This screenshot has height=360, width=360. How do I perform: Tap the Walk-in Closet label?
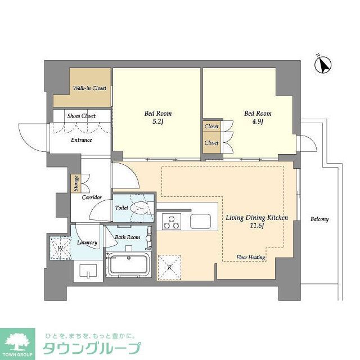pos(90,88)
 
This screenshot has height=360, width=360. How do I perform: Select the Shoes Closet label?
pos(82,116)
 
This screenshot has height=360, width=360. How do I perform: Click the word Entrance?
pos(81,139)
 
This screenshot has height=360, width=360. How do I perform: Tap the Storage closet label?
pos(75,183)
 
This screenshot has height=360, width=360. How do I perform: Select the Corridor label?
pos(91,197)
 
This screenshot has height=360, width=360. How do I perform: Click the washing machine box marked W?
pos(60,247)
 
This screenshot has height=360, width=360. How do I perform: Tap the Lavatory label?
pos(87,242)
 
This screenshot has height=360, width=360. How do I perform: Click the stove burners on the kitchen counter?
pos(171,222)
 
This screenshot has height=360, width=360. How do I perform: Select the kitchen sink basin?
pos(200,222)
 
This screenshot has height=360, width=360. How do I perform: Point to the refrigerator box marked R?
pos(169,267)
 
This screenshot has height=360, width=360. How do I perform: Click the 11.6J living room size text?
pos(257,226)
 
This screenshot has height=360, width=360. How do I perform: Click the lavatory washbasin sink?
pos(88,272)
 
